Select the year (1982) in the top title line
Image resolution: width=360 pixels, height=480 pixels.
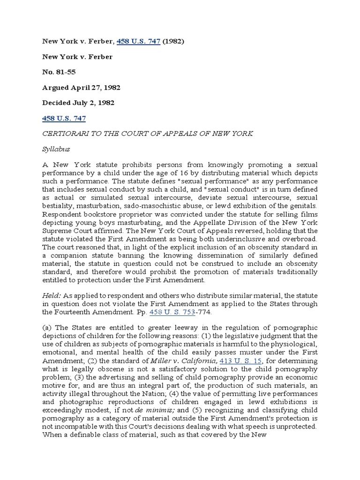click(x=173, y=41)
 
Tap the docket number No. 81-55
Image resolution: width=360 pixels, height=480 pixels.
click(x=60, y=72)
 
